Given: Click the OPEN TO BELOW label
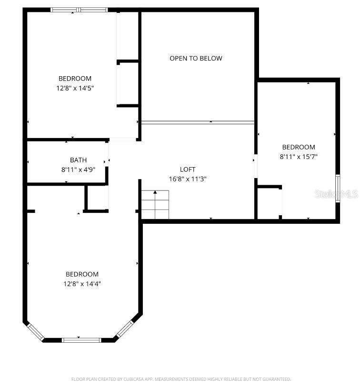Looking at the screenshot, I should coord(196,59).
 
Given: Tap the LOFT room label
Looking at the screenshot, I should coord(188,169).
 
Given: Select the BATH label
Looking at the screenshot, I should coord(79,160).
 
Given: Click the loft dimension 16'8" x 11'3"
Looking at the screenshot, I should coord(188,179).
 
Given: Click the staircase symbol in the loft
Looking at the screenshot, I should coord(155,204).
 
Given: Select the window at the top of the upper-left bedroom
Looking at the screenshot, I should coord(79,10).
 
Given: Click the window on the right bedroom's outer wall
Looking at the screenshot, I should coord(338,189).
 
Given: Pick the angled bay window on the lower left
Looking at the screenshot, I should coord(35,331).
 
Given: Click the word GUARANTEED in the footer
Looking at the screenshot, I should coord(276,379).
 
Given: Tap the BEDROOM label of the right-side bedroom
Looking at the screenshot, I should coord(299,148).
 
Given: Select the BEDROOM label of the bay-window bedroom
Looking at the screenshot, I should coord(82,274).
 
